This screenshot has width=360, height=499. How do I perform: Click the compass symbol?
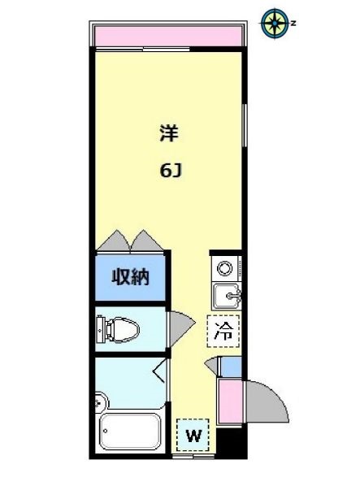tap(274, 23)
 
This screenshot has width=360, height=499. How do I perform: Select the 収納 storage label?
tap(131, 277)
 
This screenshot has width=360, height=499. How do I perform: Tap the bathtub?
tap(130, 431)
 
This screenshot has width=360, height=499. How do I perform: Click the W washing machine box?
tap(193, 435)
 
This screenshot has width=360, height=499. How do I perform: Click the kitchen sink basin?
tap(226, 294)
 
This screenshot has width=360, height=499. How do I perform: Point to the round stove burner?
tap(225, 267)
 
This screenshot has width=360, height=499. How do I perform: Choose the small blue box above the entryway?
tap(230, 367)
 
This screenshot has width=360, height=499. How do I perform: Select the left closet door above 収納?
tap(114, 241)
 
